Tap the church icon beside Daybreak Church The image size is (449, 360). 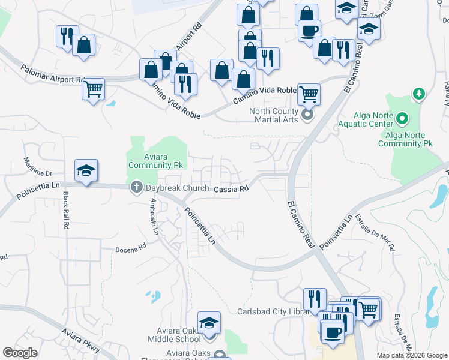pos(136,188)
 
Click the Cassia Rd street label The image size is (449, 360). pos(231,188)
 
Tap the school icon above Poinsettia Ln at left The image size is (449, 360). pos(86,171)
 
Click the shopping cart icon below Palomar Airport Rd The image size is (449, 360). pos(93,89)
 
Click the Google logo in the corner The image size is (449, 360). pos(20,353)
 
